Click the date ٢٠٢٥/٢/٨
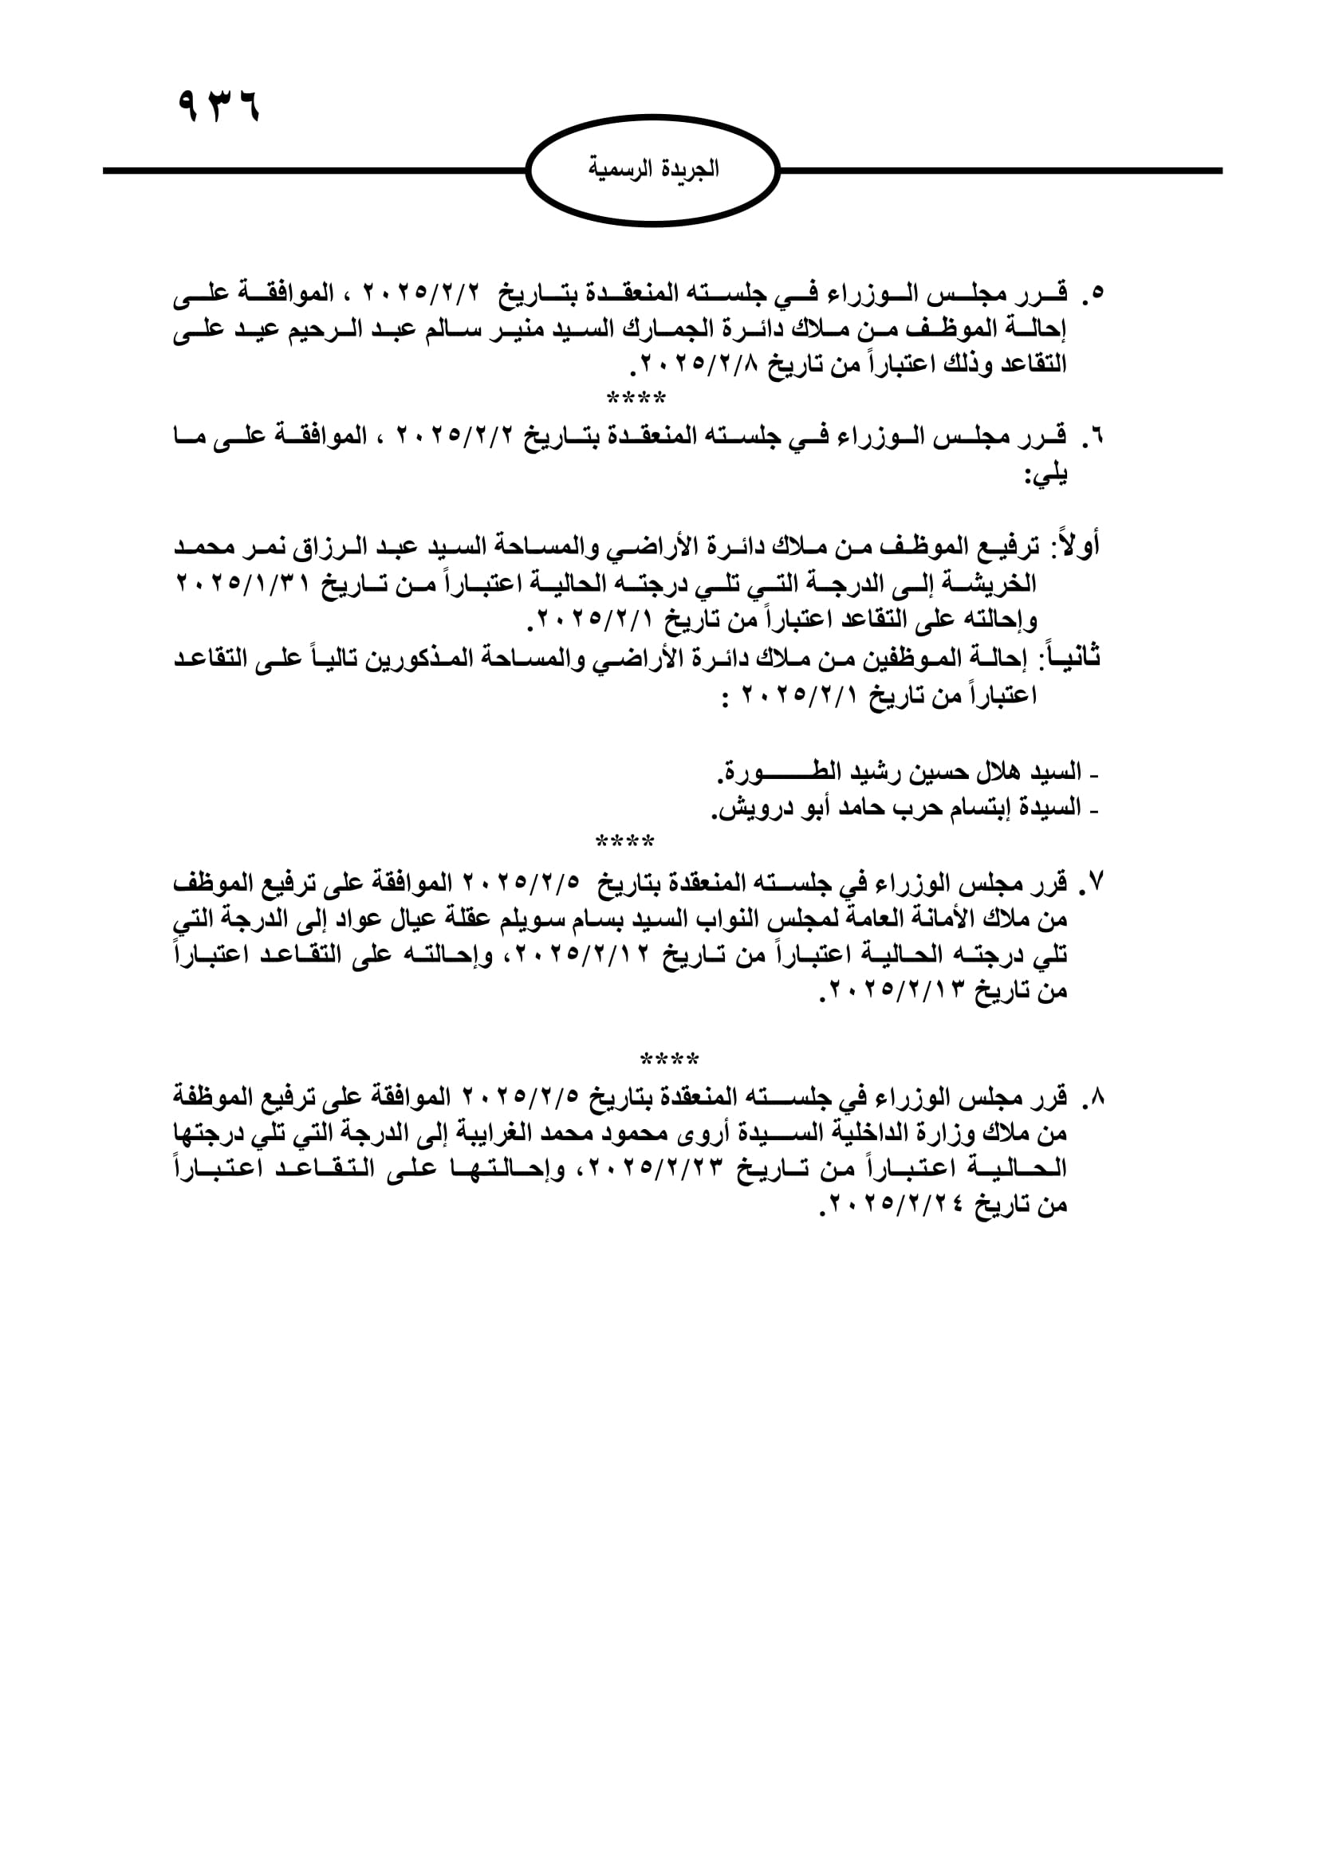coord(702,364)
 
